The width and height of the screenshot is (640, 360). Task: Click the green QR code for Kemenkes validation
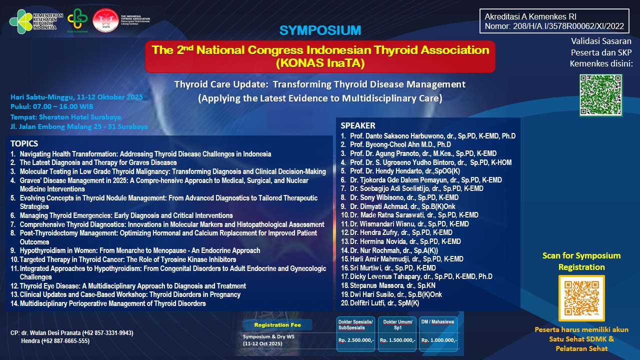tap(601, 95)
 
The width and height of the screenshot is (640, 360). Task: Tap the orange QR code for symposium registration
tap(581, 298)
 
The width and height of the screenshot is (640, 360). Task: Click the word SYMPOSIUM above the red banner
tap(320, 30)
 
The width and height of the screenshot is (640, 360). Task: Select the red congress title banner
tap(320, 56)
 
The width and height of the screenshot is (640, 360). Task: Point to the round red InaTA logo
tap(105, 20)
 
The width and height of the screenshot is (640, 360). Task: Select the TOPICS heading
tap(24, 143)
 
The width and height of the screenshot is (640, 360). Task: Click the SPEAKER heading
tap(358, 125)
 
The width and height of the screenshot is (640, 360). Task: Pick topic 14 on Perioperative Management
tap(112, 303)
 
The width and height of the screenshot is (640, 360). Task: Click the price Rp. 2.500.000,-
tap(355, 340)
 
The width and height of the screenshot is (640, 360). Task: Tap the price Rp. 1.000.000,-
tap(439, 340)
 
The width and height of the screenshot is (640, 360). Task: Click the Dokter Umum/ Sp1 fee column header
tap(397, 324)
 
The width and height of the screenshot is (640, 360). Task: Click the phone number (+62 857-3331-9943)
tap(105, 333)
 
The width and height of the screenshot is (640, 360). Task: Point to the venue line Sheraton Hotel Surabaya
tap(65, 117)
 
